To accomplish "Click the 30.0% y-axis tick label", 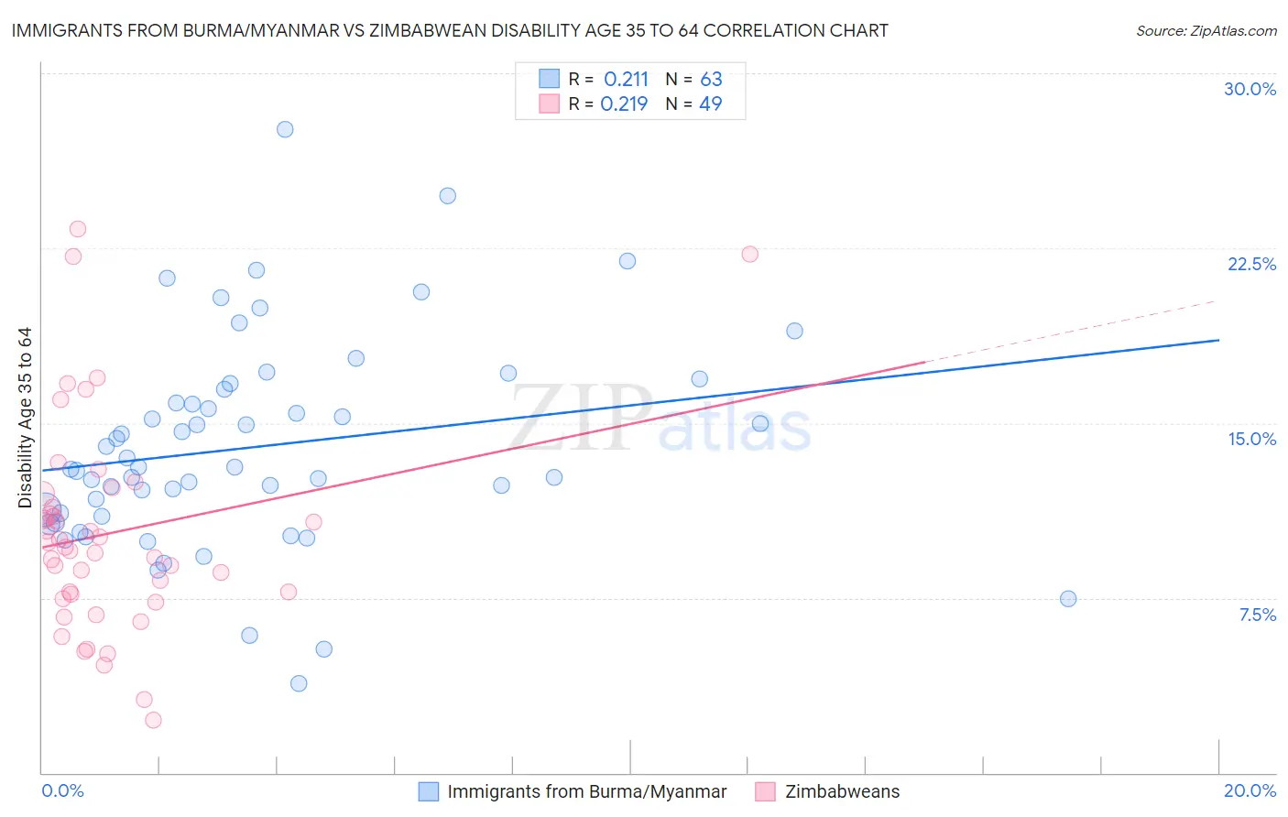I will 1250,89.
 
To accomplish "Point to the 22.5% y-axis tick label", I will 1251,264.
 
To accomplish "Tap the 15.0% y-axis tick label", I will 1251,439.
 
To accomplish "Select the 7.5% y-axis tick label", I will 1257,615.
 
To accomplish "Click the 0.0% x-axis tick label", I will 62,790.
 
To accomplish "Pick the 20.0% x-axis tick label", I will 1250,790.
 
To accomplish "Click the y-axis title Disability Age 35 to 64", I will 25,417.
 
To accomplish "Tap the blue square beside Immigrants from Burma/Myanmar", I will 428,791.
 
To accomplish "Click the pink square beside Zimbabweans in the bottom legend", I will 765,791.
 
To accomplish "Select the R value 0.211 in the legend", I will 626,80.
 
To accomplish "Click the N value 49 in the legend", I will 711,104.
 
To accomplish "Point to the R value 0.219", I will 624,104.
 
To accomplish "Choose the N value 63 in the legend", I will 711,80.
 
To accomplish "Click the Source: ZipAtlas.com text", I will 1206,31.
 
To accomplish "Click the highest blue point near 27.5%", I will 285,129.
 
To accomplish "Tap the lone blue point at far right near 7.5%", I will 1068,599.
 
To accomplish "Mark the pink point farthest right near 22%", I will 749,255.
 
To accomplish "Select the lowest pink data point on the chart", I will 153,720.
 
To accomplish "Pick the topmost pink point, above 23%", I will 78,229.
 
